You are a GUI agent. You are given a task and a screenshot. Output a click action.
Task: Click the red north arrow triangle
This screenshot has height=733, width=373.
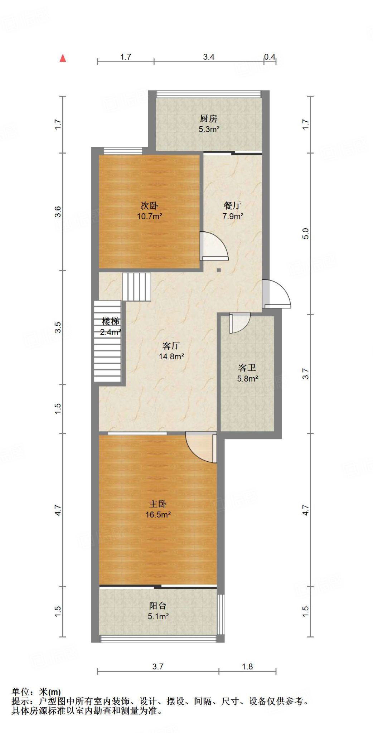(x=63, y=58)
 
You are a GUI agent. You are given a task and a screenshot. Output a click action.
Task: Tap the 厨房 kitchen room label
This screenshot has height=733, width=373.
(x=208, y=118)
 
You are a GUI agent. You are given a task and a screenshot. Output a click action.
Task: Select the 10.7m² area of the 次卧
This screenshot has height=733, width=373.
(x=149, y=216)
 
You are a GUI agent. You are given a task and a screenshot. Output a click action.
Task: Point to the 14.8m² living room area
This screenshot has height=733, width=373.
(x=171, y=356)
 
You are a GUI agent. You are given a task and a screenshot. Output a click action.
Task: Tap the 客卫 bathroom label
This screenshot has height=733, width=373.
(x=247, y=368)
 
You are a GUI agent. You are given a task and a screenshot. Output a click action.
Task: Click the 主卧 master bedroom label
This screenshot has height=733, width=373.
(x=158, y=504)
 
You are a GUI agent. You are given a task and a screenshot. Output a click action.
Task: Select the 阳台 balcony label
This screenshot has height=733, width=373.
(x=158, y=606)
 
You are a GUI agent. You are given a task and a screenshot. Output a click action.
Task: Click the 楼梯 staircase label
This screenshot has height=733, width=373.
(x=110, y=321)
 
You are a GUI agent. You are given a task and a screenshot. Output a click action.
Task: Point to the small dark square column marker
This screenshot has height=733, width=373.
(x=219, y=270)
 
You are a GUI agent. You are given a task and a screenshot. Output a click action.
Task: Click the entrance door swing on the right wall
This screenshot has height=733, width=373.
(x=276, y=294)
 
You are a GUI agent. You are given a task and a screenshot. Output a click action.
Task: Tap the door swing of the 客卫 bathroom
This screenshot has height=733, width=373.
(x=239, y=322)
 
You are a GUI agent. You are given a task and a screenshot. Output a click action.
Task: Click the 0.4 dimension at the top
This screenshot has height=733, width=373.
(x=270, y=57)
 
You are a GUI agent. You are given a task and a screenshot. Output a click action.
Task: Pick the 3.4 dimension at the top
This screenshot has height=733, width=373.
(x=209, y=57)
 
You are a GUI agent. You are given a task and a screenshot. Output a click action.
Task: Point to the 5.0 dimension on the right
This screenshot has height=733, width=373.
(x=305, y=234)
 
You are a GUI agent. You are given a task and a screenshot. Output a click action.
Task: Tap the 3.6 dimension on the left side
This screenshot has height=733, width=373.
(x=58, y=212)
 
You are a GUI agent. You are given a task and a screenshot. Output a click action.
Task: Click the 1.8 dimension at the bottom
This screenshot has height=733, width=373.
(x=247, y=666)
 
